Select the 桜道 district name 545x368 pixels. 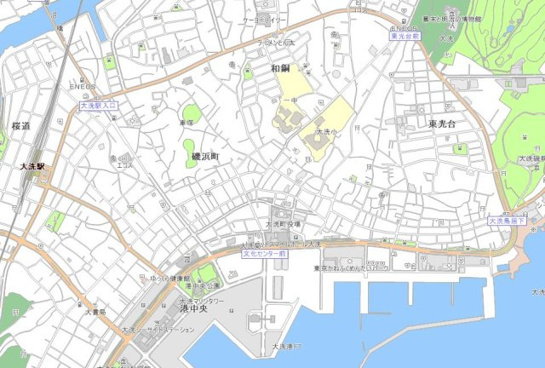click(20, 126)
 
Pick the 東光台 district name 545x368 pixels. click(444, 124)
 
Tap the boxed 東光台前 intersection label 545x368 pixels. click(406, 37)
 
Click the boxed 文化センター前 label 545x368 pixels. click(263, 253)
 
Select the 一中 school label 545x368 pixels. click(291, 101)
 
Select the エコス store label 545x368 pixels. click(124, 166)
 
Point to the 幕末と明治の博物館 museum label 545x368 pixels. click(460, 18)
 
